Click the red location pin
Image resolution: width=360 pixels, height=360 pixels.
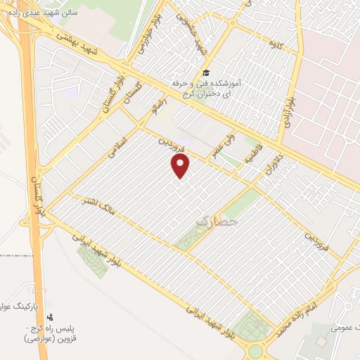pyautogui.click(x=181, y=166)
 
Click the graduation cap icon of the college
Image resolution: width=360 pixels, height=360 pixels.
pyautogui.click(x=206, y=73)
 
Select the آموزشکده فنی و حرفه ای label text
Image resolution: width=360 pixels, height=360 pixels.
pyautogui.click(x=206, y=88)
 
